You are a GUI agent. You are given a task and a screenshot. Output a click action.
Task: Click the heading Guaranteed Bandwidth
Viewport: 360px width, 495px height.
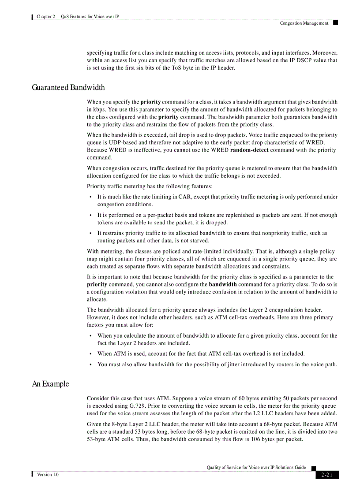68,87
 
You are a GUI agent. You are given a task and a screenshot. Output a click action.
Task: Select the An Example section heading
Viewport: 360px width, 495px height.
50,384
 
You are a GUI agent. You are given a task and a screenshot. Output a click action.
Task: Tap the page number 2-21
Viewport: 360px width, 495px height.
327,475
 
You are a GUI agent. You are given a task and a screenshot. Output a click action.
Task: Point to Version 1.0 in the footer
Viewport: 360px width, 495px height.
48,474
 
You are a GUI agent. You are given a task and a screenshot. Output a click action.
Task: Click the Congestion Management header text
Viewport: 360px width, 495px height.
304,23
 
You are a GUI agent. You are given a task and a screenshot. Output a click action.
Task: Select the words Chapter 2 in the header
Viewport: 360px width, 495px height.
46,17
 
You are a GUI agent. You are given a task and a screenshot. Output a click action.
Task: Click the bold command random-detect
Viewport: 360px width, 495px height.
249,150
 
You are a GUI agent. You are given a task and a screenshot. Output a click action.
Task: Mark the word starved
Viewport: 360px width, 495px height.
199,240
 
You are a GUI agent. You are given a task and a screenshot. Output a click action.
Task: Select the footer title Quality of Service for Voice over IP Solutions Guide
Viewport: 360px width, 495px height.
256,467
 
